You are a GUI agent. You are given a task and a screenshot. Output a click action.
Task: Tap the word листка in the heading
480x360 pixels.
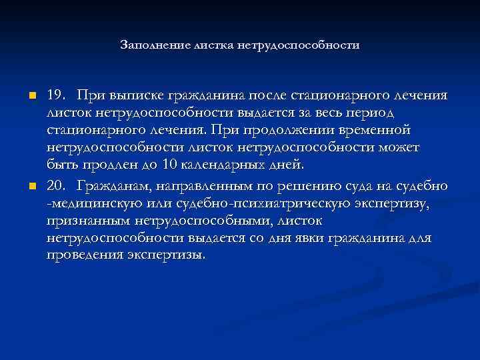coord(209,46)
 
